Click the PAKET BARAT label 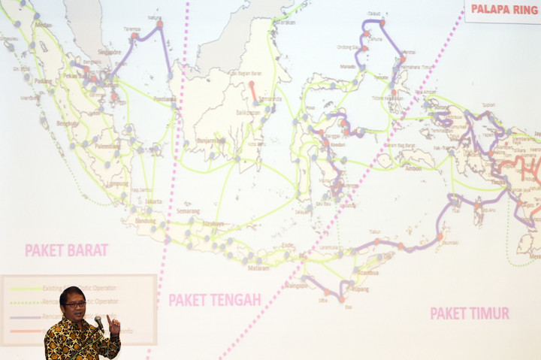coord(66,250)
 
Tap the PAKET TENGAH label coord(215,300)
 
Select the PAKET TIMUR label coord(470,313)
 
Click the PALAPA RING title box coord(503,10)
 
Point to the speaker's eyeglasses coord(74,304)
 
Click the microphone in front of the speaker coord(98,322)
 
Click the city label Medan coord(44,24)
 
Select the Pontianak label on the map coord(165,98)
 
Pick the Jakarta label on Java coord(153,201)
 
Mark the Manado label coord(347,66)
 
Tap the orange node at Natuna coord(159,24)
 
